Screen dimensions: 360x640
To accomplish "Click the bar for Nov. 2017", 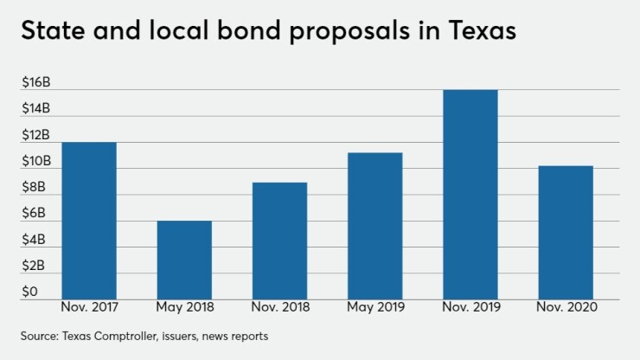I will coord(89,221).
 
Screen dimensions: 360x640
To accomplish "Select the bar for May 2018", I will coord(184,260).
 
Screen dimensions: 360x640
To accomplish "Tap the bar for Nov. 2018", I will coord(279,241).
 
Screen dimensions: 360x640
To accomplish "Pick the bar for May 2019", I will coord(374,226).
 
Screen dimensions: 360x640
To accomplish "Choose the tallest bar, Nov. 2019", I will coord(470,195).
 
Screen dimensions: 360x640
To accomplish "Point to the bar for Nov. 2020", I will coord(565,232).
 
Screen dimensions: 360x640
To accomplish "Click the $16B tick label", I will coord(36,83).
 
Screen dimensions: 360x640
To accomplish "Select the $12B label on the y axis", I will coord(36,135).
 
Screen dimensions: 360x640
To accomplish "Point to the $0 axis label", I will coord(29,292).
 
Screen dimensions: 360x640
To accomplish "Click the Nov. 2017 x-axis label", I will coord(89,307).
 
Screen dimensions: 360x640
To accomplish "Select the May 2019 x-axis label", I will coord(374,307).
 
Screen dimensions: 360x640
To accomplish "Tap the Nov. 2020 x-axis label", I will coord(565,307).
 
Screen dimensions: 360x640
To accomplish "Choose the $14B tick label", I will coord(36,109).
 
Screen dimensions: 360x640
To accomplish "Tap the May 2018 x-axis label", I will coord(184,307).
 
